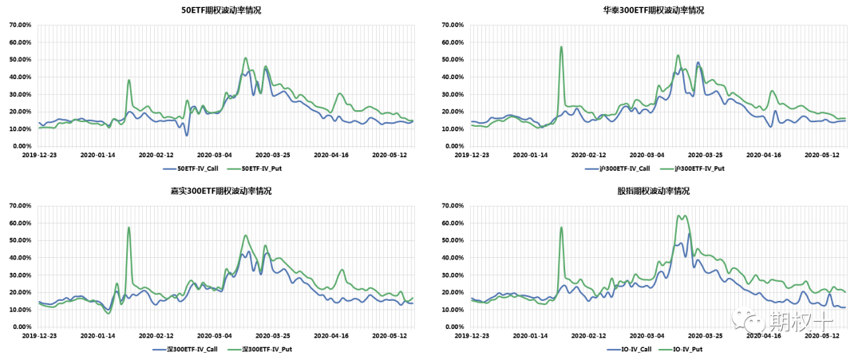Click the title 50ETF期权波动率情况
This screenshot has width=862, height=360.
(x=221, y=10)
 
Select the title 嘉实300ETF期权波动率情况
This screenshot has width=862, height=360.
(x=221, y=192)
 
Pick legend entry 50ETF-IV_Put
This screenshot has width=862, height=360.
(x=263, y=168)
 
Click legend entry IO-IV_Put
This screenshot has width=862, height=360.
(x=687, y=350)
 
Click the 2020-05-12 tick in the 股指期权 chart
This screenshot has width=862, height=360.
(x=824, y=335)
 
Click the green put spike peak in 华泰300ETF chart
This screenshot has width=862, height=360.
(x=561, y=46)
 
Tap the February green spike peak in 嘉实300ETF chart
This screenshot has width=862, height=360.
(x=129, y=227)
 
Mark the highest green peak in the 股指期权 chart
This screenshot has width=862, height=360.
(x=679, y=216)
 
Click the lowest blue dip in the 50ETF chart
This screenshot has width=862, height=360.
(x=187, y=135)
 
